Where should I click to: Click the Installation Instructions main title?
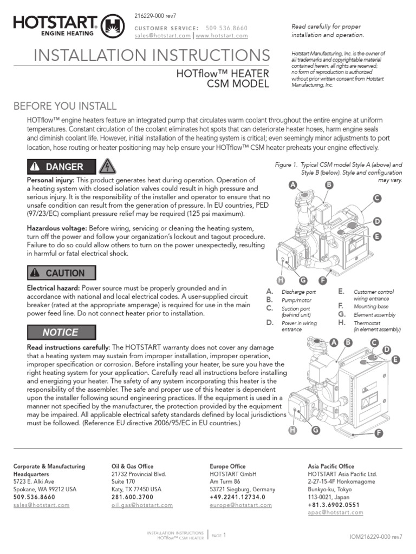coord(151,55)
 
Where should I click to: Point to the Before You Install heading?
coord(64,105)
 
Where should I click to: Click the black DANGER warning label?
coord(61,167)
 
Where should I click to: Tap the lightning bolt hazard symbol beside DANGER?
coord(107,167)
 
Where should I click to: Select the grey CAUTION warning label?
coord(61,273)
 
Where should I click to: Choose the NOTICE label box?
coord(61,332)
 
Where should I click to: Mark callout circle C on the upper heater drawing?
coord(376,198)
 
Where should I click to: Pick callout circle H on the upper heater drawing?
coord(280,280)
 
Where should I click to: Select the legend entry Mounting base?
coord(371,307)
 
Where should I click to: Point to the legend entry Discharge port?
coord(298,292)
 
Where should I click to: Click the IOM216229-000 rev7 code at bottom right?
coord(376,537)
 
